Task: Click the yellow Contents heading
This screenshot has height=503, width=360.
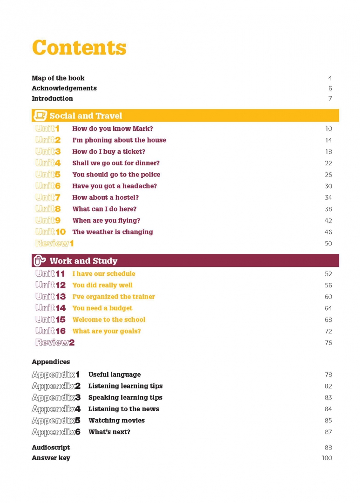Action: pyautogui.click(x=79, y=48)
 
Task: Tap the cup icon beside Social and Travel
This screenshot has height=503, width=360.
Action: pyautogui.click(x=41, y=116)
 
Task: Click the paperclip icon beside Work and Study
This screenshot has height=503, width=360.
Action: pyautogui.click(x=41, y=261)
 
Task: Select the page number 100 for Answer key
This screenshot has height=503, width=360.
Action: pyautogui.click(x=327, y=458)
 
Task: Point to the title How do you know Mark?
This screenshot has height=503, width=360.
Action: pyautogui.click(x=112, y=129)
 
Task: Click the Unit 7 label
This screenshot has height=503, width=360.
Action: pyautogui.click(x=48, y=197)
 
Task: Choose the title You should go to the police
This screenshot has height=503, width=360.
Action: pyautogui.click(x=116, y=175)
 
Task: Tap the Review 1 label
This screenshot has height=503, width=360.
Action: pyautogui.click(x=54, y=243)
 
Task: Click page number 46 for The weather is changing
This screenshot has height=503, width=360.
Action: pyautogui.click(x=328, y=232)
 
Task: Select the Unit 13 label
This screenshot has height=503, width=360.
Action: pyautogui.click(x=50, y=297)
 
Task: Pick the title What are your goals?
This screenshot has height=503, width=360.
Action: pyautogui.click(x=106, y=331)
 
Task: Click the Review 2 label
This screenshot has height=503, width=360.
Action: pyautogui.click(x=55, y=343)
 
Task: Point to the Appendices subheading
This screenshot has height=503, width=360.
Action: pyautogui.click(x=51, y=362)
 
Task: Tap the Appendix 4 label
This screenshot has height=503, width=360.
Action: pyautogui.click(x=56, y=409)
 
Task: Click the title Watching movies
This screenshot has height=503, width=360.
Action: pyautogui.click(x=116, y=421)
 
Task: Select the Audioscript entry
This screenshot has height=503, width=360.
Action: pyautogui.click(x=51, y=448)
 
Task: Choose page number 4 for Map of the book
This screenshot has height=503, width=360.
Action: pyautogui.click(x=330, y=78)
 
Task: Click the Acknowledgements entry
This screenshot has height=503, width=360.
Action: pyautogui.click(x=64, y=88)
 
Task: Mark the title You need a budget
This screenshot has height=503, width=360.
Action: pyautogui.click(x=102, y=308)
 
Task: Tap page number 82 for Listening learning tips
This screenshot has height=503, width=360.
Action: pyautogui.click(x=328, y=386)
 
